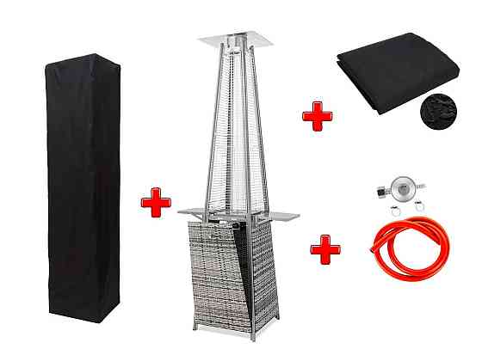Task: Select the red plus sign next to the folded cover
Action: tap(317, 114)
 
